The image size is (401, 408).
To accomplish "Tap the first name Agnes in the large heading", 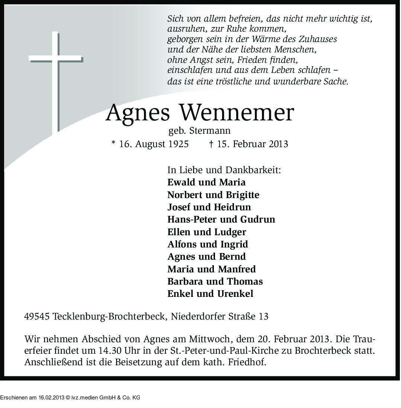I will click(x=138, y=113).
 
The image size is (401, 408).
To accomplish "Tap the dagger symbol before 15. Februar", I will click(x=211, y=144).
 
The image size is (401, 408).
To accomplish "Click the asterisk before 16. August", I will click(x=113, y=143).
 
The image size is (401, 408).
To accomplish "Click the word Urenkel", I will click(x=235, y=294).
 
